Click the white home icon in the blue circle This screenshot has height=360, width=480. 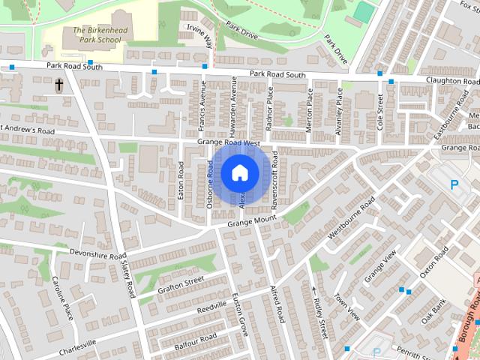[239, 172]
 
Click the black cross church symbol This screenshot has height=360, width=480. [58, 86]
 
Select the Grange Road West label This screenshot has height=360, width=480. [228, 142]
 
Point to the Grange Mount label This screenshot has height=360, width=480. [252, 220]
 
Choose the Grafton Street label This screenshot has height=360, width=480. [181, 285]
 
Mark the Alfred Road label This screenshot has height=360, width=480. [277, 304]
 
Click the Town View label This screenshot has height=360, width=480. [347, 307]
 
